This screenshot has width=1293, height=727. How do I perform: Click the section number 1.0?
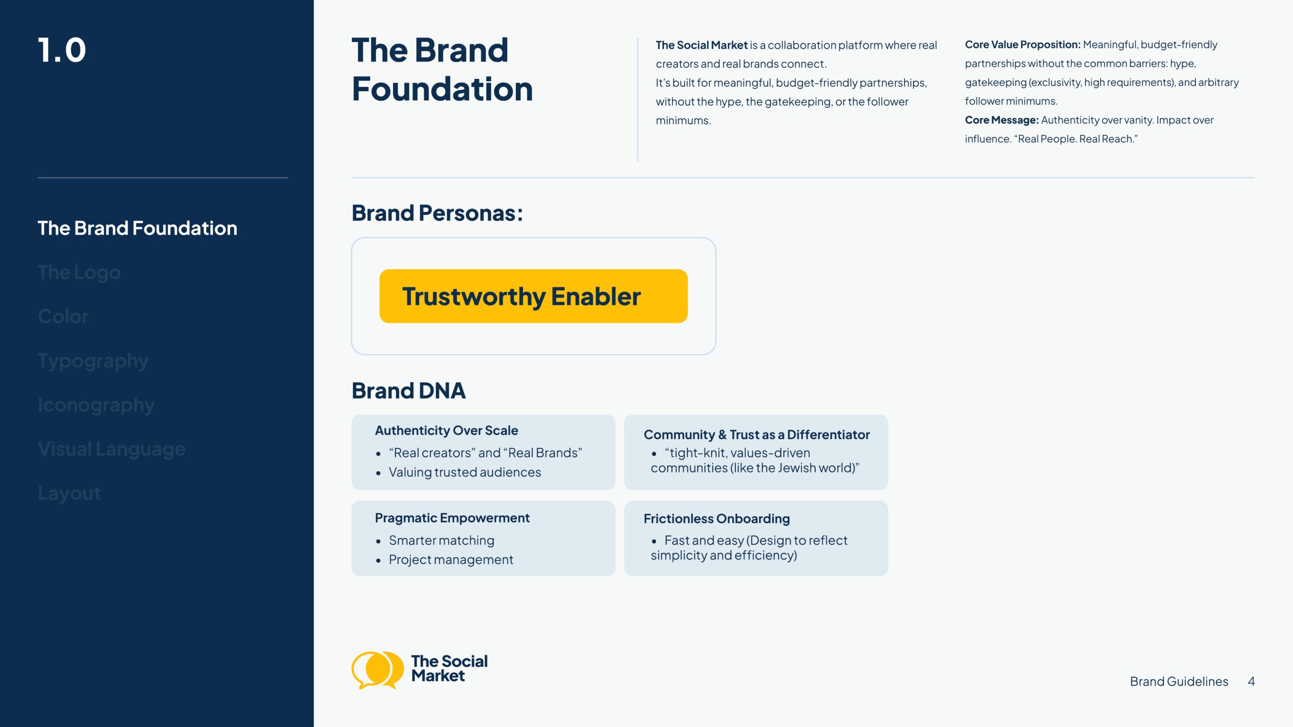pyautogui.click(x=62, y=50)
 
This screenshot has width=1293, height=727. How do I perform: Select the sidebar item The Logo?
pyautogui.click(x=79, y=273)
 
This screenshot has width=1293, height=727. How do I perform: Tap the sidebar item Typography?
pyautogui.click(x=93, y=361)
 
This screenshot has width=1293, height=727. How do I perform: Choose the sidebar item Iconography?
pyautogui.click(x=96, y=405)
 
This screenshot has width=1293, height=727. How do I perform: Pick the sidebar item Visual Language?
pyautogui.click(x=112, y=449)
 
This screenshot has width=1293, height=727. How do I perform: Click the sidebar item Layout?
pyautogui.click(x=69, y=493)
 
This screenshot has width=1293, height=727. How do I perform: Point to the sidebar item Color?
pyautogui.click(x=63, y=317)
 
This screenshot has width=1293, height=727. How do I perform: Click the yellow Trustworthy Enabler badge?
pyautogui.click(x=533, y=296)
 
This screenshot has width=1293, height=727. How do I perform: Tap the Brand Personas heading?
pyautogui.click(x=437, y=213)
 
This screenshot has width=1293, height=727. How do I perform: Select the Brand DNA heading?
pyautogui.click(x=409, y=391)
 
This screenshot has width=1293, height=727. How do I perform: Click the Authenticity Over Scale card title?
pyautogui.click(x=446, y=431)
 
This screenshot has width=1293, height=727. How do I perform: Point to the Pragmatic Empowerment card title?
pyautogui.click(x=452, y=518)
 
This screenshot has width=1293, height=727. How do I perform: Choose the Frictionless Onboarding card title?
pyautogui.click(x=716, y=518)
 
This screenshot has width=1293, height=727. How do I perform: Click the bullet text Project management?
pyautogui.click(x=451, y=559)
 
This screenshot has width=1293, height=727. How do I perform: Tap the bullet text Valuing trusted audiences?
pyautogui.click(x=465, y=472)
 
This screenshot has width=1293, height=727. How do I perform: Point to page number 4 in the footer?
pyautogui.click(x=1251, y=682)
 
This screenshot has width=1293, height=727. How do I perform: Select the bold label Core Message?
pyautogui.click(x=1002, y=120)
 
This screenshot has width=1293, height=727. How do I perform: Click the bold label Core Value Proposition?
pyautogui.click(x=1022, y=45)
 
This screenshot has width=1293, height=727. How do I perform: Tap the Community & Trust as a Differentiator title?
pyautogui.click(x=756, y=435)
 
